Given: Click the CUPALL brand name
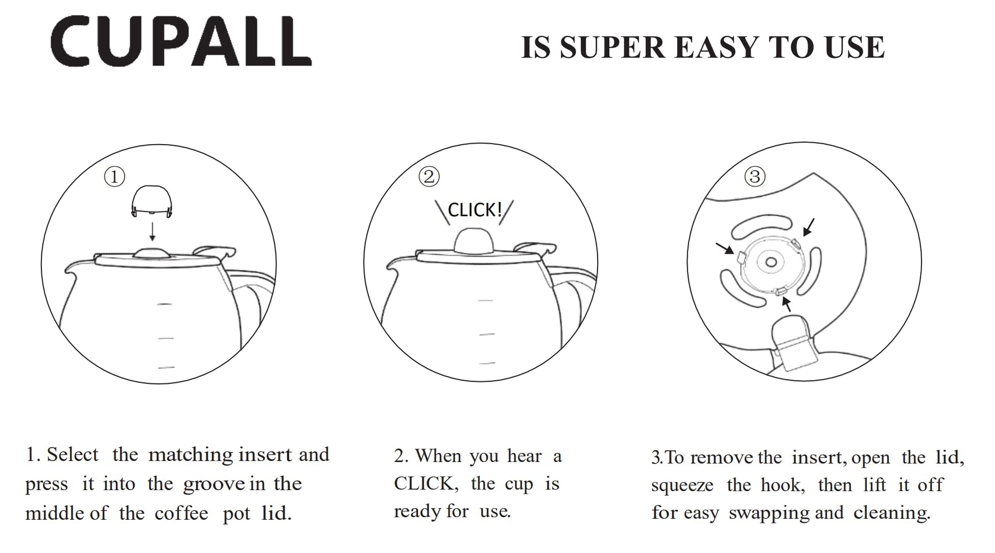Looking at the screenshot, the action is [x=181, y=41].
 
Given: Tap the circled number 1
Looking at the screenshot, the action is [x=115, y=177].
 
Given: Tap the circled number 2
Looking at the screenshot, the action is [x=429, y=176].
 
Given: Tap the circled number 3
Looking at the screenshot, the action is [x=755, y=176].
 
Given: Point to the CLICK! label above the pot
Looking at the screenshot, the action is [x=475, y=210].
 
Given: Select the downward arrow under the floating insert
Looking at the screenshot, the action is [x=152, y=232].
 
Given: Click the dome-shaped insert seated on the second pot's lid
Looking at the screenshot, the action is [x=474, y=241].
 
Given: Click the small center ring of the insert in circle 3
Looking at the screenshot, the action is [x=771, y=263].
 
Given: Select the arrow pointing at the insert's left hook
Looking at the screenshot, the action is [x=725, y=248].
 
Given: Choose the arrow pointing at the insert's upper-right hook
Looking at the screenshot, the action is [x=809, y=227].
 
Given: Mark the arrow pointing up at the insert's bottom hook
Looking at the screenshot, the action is [x=787, y=304].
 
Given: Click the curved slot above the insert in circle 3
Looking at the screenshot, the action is [x=761, y=226].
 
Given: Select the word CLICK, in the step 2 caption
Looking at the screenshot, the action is [x=424, y=484].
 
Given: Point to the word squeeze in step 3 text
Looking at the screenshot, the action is [x=682, y=486].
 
